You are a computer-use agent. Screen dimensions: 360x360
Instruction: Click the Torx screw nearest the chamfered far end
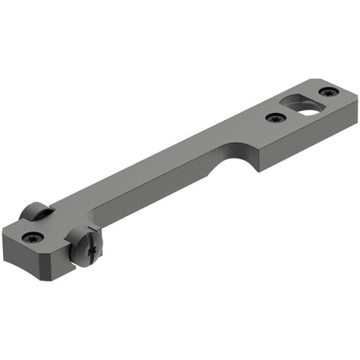point(328,91)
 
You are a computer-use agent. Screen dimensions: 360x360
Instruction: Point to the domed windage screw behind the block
point(35,211)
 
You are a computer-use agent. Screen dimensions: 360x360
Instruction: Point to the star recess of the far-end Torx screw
point(328,91)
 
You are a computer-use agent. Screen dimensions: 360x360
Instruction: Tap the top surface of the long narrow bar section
point(165,165)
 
